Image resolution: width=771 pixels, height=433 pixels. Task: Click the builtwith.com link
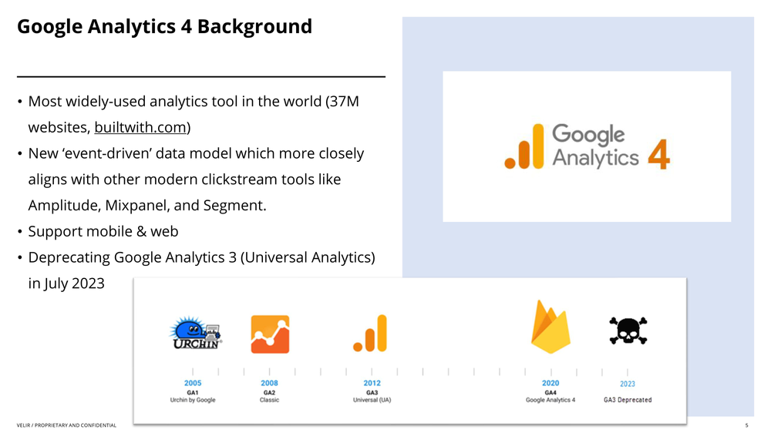click(x=140, y=127)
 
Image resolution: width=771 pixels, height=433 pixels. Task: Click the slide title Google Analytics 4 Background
click(x=165, y=26)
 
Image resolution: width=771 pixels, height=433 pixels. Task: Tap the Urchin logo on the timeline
click(x=196, y=333)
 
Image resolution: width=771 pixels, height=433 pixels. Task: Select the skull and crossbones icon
click(x=628, y=331)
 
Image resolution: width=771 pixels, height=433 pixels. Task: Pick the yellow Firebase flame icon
click(x=550, y=327)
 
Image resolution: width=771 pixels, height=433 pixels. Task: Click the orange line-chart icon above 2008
click(x=270, y=334)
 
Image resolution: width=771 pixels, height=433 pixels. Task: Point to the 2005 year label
click(x=193, y=383)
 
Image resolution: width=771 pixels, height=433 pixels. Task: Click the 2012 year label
click(x=372, y=383)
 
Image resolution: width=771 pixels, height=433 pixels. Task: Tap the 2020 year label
click(x=550, y=383)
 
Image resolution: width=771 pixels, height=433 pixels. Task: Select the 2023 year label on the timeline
click(x=628, y=384)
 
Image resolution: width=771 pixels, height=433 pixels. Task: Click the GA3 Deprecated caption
click(x=628, y=400)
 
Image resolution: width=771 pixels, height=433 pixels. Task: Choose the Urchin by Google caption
click(x=193, y=400)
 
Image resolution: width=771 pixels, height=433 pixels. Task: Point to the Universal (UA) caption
click(x=372, y=400)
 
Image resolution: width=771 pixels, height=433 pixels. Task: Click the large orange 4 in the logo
click(x=659, y=154)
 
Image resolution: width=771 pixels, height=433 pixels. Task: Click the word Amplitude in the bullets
click(x=65, y=206)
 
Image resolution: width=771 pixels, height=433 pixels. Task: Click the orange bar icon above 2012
click(x=370, y=334)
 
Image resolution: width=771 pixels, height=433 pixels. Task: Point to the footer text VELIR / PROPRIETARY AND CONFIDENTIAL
click(x=66, y=425)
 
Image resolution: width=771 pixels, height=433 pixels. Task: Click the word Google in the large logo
click(x=588, y=134)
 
